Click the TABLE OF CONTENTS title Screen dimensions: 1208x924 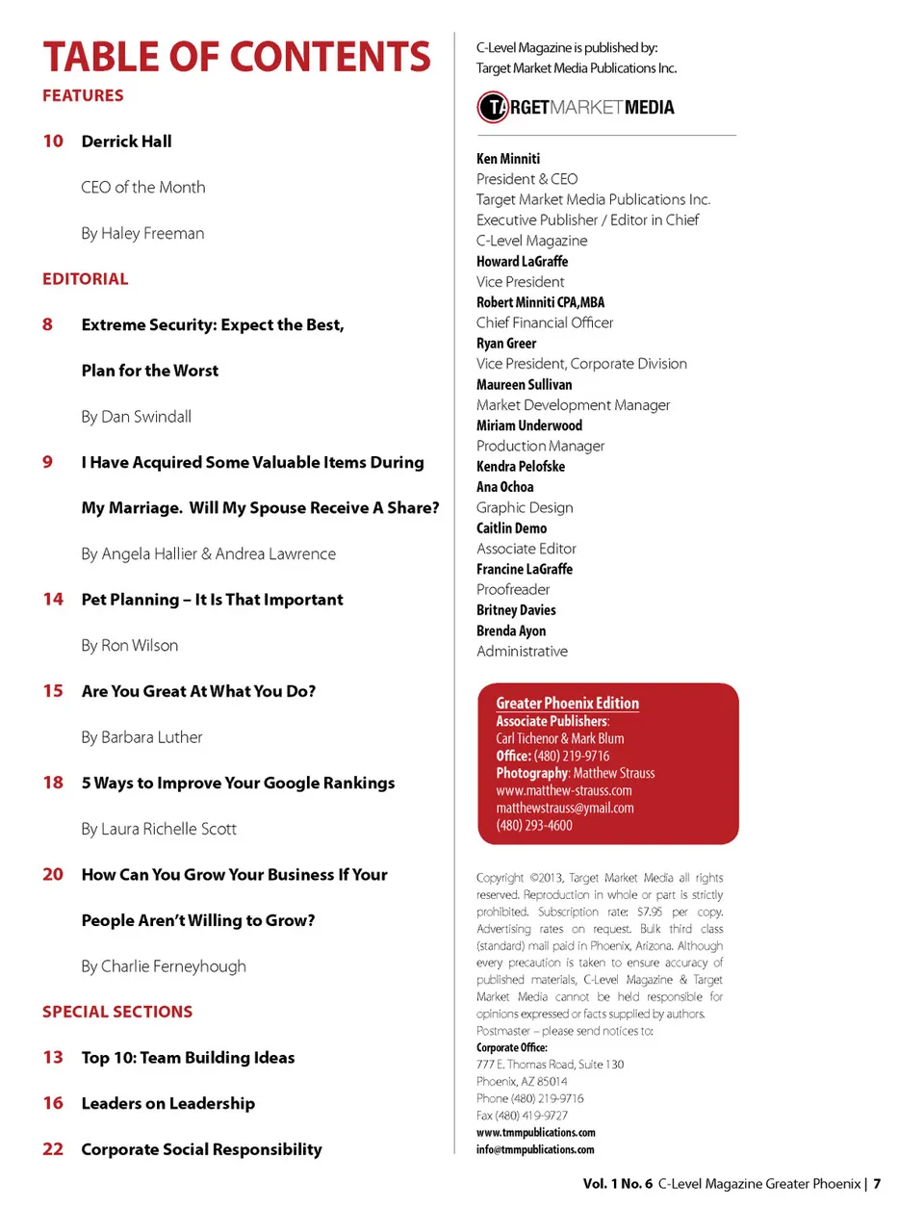pos(237,57)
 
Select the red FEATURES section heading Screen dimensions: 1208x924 pos(83,95)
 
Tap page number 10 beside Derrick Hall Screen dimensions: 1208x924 pos(53,141)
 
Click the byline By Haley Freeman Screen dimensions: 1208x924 pos(142,233)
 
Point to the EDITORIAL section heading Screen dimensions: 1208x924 pos(85,279)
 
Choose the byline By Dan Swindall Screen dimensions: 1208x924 pos(136,417)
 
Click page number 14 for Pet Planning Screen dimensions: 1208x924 pos(53,600)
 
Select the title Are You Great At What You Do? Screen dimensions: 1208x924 pos(198,691)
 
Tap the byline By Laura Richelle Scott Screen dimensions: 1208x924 pos(159,829)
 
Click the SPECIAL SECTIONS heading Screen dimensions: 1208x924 pos(117,1012)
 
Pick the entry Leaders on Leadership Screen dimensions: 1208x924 pos(168,1103)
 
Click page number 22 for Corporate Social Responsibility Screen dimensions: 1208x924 pos(53,1149)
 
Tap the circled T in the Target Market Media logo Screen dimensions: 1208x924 pos(493,107)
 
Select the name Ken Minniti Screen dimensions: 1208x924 pos(508,159)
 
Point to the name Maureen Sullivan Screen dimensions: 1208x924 pos(524,384)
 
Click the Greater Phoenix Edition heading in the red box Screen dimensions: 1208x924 pos(567,704)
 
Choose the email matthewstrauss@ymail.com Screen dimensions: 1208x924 pos(565,808)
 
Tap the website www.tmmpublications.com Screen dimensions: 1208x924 pos(535,1132)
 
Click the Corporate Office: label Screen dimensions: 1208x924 pos(511,1047)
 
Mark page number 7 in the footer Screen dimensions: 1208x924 pos(877,1184)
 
